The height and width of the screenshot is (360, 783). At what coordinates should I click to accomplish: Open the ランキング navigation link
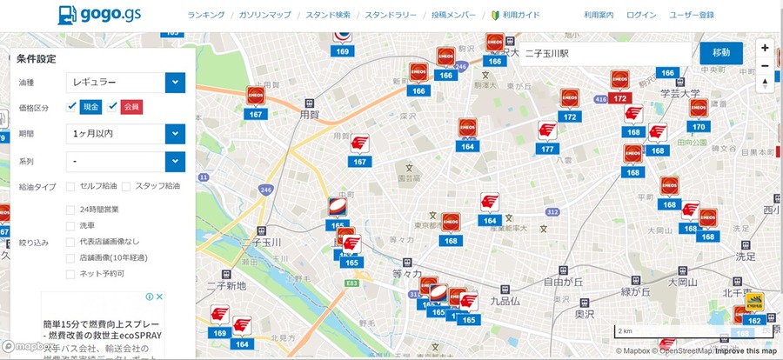coord(206,16)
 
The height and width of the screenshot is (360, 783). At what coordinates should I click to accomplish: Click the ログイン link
coord(641,16)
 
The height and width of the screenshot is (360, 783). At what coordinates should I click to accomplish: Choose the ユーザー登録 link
coord(692,16)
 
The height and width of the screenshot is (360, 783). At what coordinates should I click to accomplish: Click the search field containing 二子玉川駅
coord(605,53)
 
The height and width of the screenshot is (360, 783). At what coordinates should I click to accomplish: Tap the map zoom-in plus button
coord(765,48)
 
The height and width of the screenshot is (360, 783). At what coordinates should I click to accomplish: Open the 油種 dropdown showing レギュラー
coord(125,83)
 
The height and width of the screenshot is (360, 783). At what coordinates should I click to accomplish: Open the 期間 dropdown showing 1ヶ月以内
coord(125,134)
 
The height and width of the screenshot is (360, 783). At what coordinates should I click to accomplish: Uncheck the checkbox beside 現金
coord(72,106)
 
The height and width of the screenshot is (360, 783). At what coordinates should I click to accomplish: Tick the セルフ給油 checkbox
coord(70,186)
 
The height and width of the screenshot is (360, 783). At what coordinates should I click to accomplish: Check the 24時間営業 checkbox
coord(70,210)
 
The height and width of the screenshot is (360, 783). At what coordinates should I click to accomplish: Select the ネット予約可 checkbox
coord(70,273)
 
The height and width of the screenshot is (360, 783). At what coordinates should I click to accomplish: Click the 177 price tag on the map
coord(547,150)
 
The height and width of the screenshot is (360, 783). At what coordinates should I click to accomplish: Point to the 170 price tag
coord(698,127)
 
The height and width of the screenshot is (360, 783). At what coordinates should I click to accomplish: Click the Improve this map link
coord(746,351)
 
